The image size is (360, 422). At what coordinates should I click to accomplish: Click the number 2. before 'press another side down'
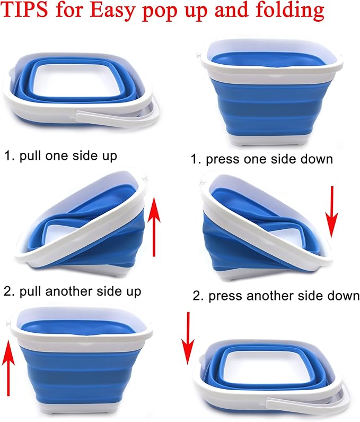(x=198, y=296)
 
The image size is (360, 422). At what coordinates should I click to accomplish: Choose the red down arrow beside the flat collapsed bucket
(x=187, y=339)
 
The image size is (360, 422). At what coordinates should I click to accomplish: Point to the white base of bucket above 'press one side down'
(x=270, y=139)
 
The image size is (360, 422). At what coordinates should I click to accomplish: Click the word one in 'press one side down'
(x=259, y=159)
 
